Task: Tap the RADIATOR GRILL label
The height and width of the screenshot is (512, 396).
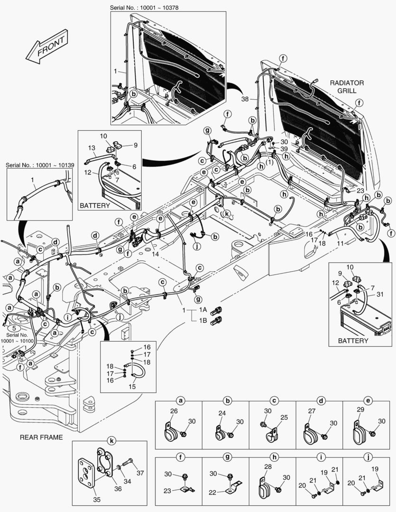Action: pos(347,86)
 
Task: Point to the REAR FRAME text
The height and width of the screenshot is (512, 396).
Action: pos(41,437)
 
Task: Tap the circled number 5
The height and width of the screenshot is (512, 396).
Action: pos(15,328)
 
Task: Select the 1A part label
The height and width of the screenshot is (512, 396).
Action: pos(203,310)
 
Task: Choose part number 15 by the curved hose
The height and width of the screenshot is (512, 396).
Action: pos(132,386)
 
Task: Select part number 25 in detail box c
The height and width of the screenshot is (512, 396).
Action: pos(284,417)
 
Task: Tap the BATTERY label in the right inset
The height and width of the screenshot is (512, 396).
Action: pos(353,340)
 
